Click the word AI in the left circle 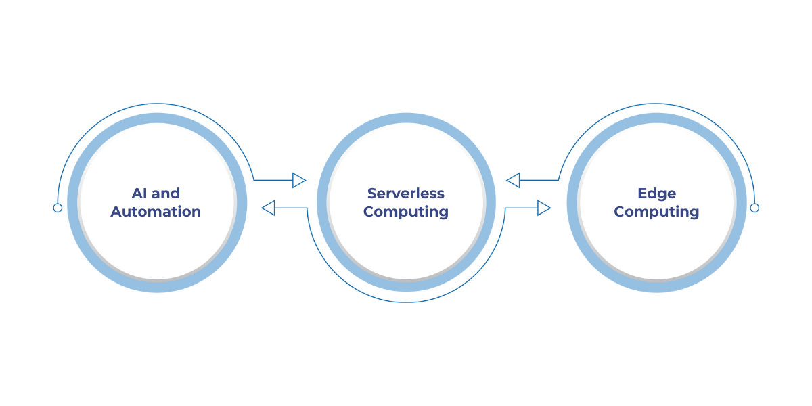click(x=139, y=194)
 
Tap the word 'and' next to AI click(x=166, y=194)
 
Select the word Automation click(x=156, y=212)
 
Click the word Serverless click(x=406, y=194)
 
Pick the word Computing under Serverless click(x=406, y=212)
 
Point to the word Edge click(x=656, y=194)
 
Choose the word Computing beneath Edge click(x=656, y=212)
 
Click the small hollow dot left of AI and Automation click(x=58, y=208)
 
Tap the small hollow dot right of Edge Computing click(x=754, y=208)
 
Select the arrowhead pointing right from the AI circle click(x=298, y=180)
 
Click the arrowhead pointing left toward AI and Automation click(x=269, y=208)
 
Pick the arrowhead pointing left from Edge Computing click(x=514, y=180)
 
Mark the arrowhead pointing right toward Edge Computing click(x=543, y=208)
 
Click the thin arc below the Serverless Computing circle click(x=406, y=302)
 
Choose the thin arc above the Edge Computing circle click(x=656, y=104)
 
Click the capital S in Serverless click(x=371, y=194)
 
